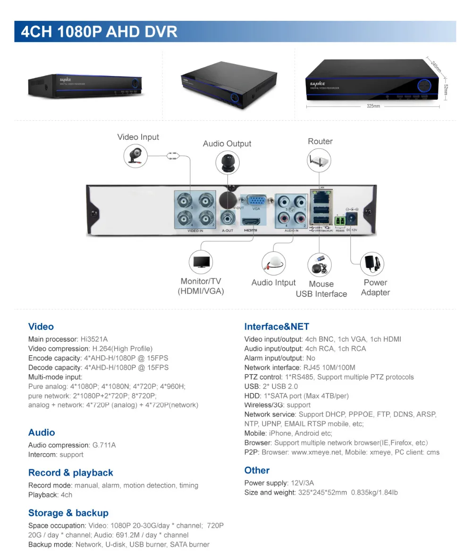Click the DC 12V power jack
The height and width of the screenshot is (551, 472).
pyautogui.click(x=351, y=218)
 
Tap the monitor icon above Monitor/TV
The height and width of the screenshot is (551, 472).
pyautogui.click(x=201, y=262)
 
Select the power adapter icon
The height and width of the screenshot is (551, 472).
pyautogui.click(x=372, y=263)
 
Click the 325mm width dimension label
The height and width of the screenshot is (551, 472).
pyautogui.click(x=373, y=106)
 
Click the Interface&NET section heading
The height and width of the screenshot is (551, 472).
pyautogui.click(x=277, y=327)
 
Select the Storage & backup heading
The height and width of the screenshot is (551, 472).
pyautogui.click(x=68, y=513)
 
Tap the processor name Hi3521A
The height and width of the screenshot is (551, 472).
pyautogui.click(x=94, y=339)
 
